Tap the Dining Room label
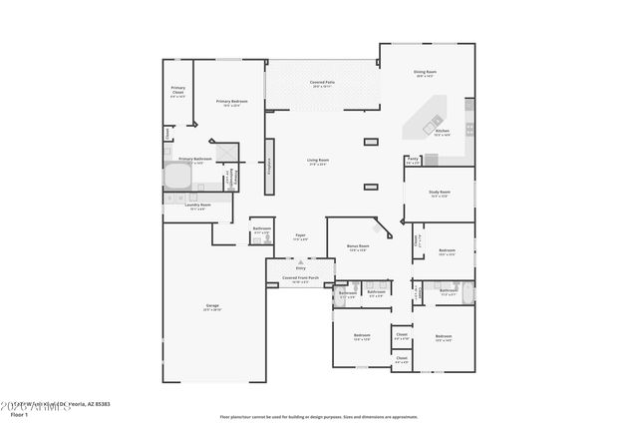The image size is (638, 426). point(427,73)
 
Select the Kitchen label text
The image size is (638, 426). point(443,132)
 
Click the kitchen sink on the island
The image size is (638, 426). point(436,122)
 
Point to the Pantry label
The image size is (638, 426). point(413,159)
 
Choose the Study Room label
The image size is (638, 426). point(440,193)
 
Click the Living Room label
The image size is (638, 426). point(318,161)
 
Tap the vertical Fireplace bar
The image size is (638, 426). point(269,169)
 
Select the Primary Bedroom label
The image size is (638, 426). point(231,102)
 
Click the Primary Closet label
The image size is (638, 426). point(177,91)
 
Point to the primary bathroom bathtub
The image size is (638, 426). point(178,177)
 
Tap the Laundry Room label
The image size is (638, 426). point(197,207)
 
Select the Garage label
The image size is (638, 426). point(212,306)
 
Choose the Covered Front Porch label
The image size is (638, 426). point(299,279)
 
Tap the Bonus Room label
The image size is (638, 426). point(358,246)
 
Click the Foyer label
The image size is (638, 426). point(299,237)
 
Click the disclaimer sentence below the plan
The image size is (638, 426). point(318,415)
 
